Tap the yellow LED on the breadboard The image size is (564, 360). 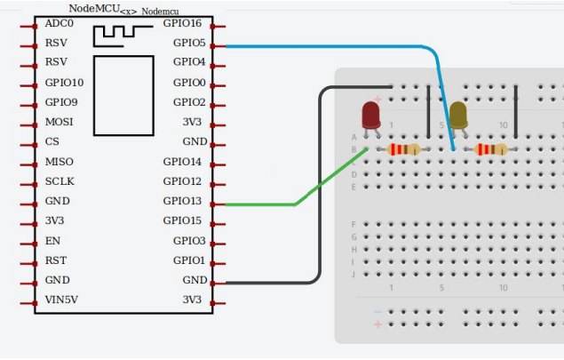point(458,115)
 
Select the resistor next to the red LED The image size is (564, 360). point(403,149)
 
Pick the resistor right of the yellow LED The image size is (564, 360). point(491,149)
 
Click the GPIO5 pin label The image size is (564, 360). point(189,43)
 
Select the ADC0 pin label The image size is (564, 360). point(60,22)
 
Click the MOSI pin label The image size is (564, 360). point(60,122)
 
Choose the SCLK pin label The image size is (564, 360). point(60,181)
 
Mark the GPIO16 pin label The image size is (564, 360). point(184,22)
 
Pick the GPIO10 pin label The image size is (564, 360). point(64,82)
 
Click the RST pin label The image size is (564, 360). point(55,260)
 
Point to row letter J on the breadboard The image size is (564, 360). point(354,275)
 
